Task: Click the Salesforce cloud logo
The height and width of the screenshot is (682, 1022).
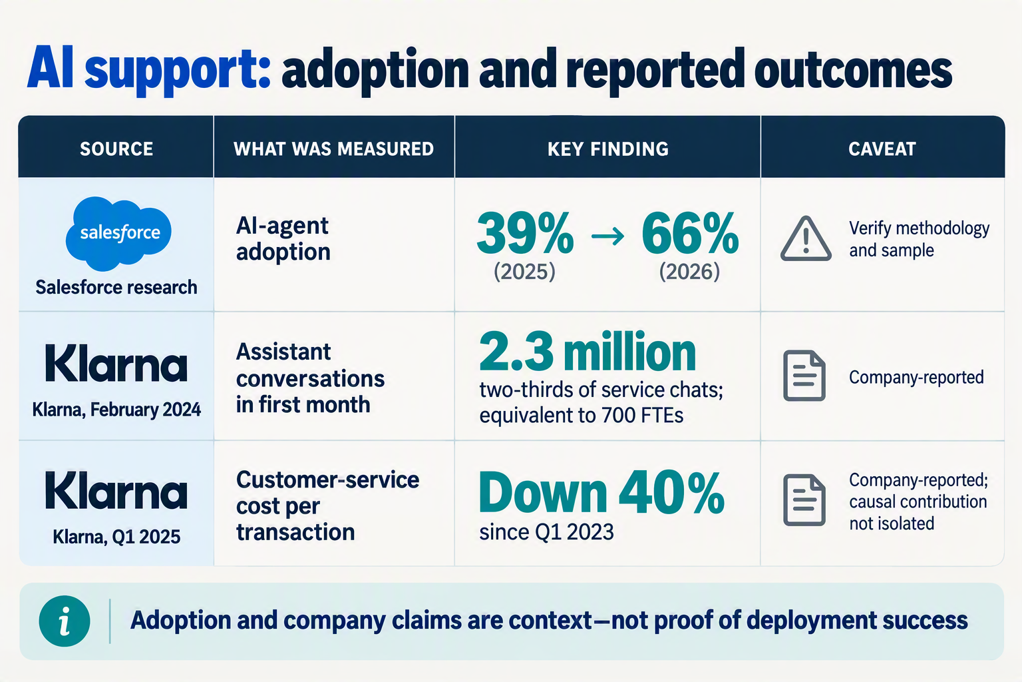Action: [118, 233]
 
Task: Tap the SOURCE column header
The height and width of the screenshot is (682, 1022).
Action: [116, 149]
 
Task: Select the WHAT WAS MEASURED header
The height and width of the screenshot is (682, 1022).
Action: [333, 149]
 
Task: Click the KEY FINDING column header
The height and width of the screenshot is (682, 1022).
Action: [607, 149]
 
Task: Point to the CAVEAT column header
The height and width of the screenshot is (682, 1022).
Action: [882, 149]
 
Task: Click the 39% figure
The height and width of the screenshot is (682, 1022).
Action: [525, 233]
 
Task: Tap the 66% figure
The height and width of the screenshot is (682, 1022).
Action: [690, 233]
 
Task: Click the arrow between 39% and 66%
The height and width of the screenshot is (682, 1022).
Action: [607, 236]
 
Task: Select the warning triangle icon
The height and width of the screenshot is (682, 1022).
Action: [806, 239]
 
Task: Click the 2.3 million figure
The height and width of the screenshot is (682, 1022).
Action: [588, 352]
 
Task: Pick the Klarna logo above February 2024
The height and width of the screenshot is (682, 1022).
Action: [116, 364]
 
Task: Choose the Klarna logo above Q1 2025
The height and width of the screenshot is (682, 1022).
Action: [116, 491]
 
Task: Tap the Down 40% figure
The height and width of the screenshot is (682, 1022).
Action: [601, 492]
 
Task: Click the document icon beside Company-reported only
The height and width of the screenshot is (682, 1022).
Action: [804, 376]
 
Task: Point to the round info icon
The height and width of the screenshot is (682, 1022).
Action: [65, 621]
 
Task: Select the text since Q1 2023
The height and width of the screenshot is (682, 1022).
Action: [546, 532]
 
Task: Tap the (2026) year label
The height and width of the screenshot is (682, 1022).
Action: [689, 272]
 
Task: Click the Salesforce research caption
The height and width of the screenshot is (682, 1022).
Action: [116, 287]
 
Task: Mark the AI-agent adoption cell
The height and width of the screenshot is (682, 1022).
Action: [283, 238]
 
